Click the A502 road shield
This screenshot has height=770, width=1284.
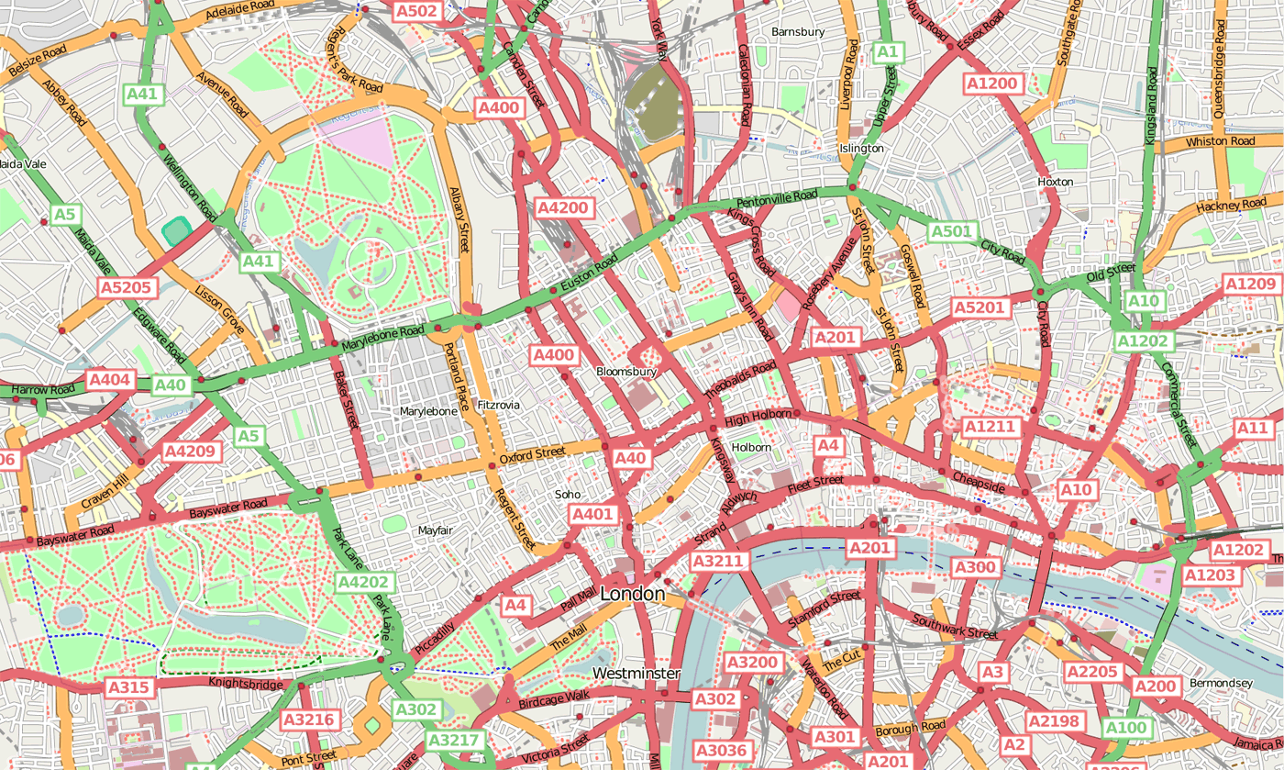point(417,11)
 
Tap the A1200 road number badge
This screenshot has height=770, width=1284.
point(992,84)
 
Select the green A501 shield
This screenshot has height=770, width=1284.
point(950,231)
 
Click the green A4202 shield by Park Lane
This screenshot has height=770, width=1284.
point(365,582)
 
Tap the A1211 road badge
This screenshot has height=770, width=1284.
point(991,426)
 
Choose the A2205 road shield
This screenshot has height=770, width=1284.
point(1091,672)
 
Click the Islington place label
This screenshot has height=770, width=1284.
point(861,148)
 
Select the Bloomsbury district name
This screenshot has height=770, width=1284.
point(626,373)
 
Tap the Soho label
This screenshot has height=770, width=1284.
point(569,495)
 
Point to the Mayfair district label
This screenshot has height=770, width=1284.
point(436,530)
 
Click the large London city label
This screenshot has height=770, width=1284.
point(632,595)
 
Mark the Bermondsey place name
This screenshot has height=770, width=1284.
point(1220,684)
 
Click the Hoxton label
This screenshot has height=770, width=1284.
point(1055,182)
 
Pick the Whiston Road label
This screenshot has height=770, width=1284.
point(1220,141)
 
